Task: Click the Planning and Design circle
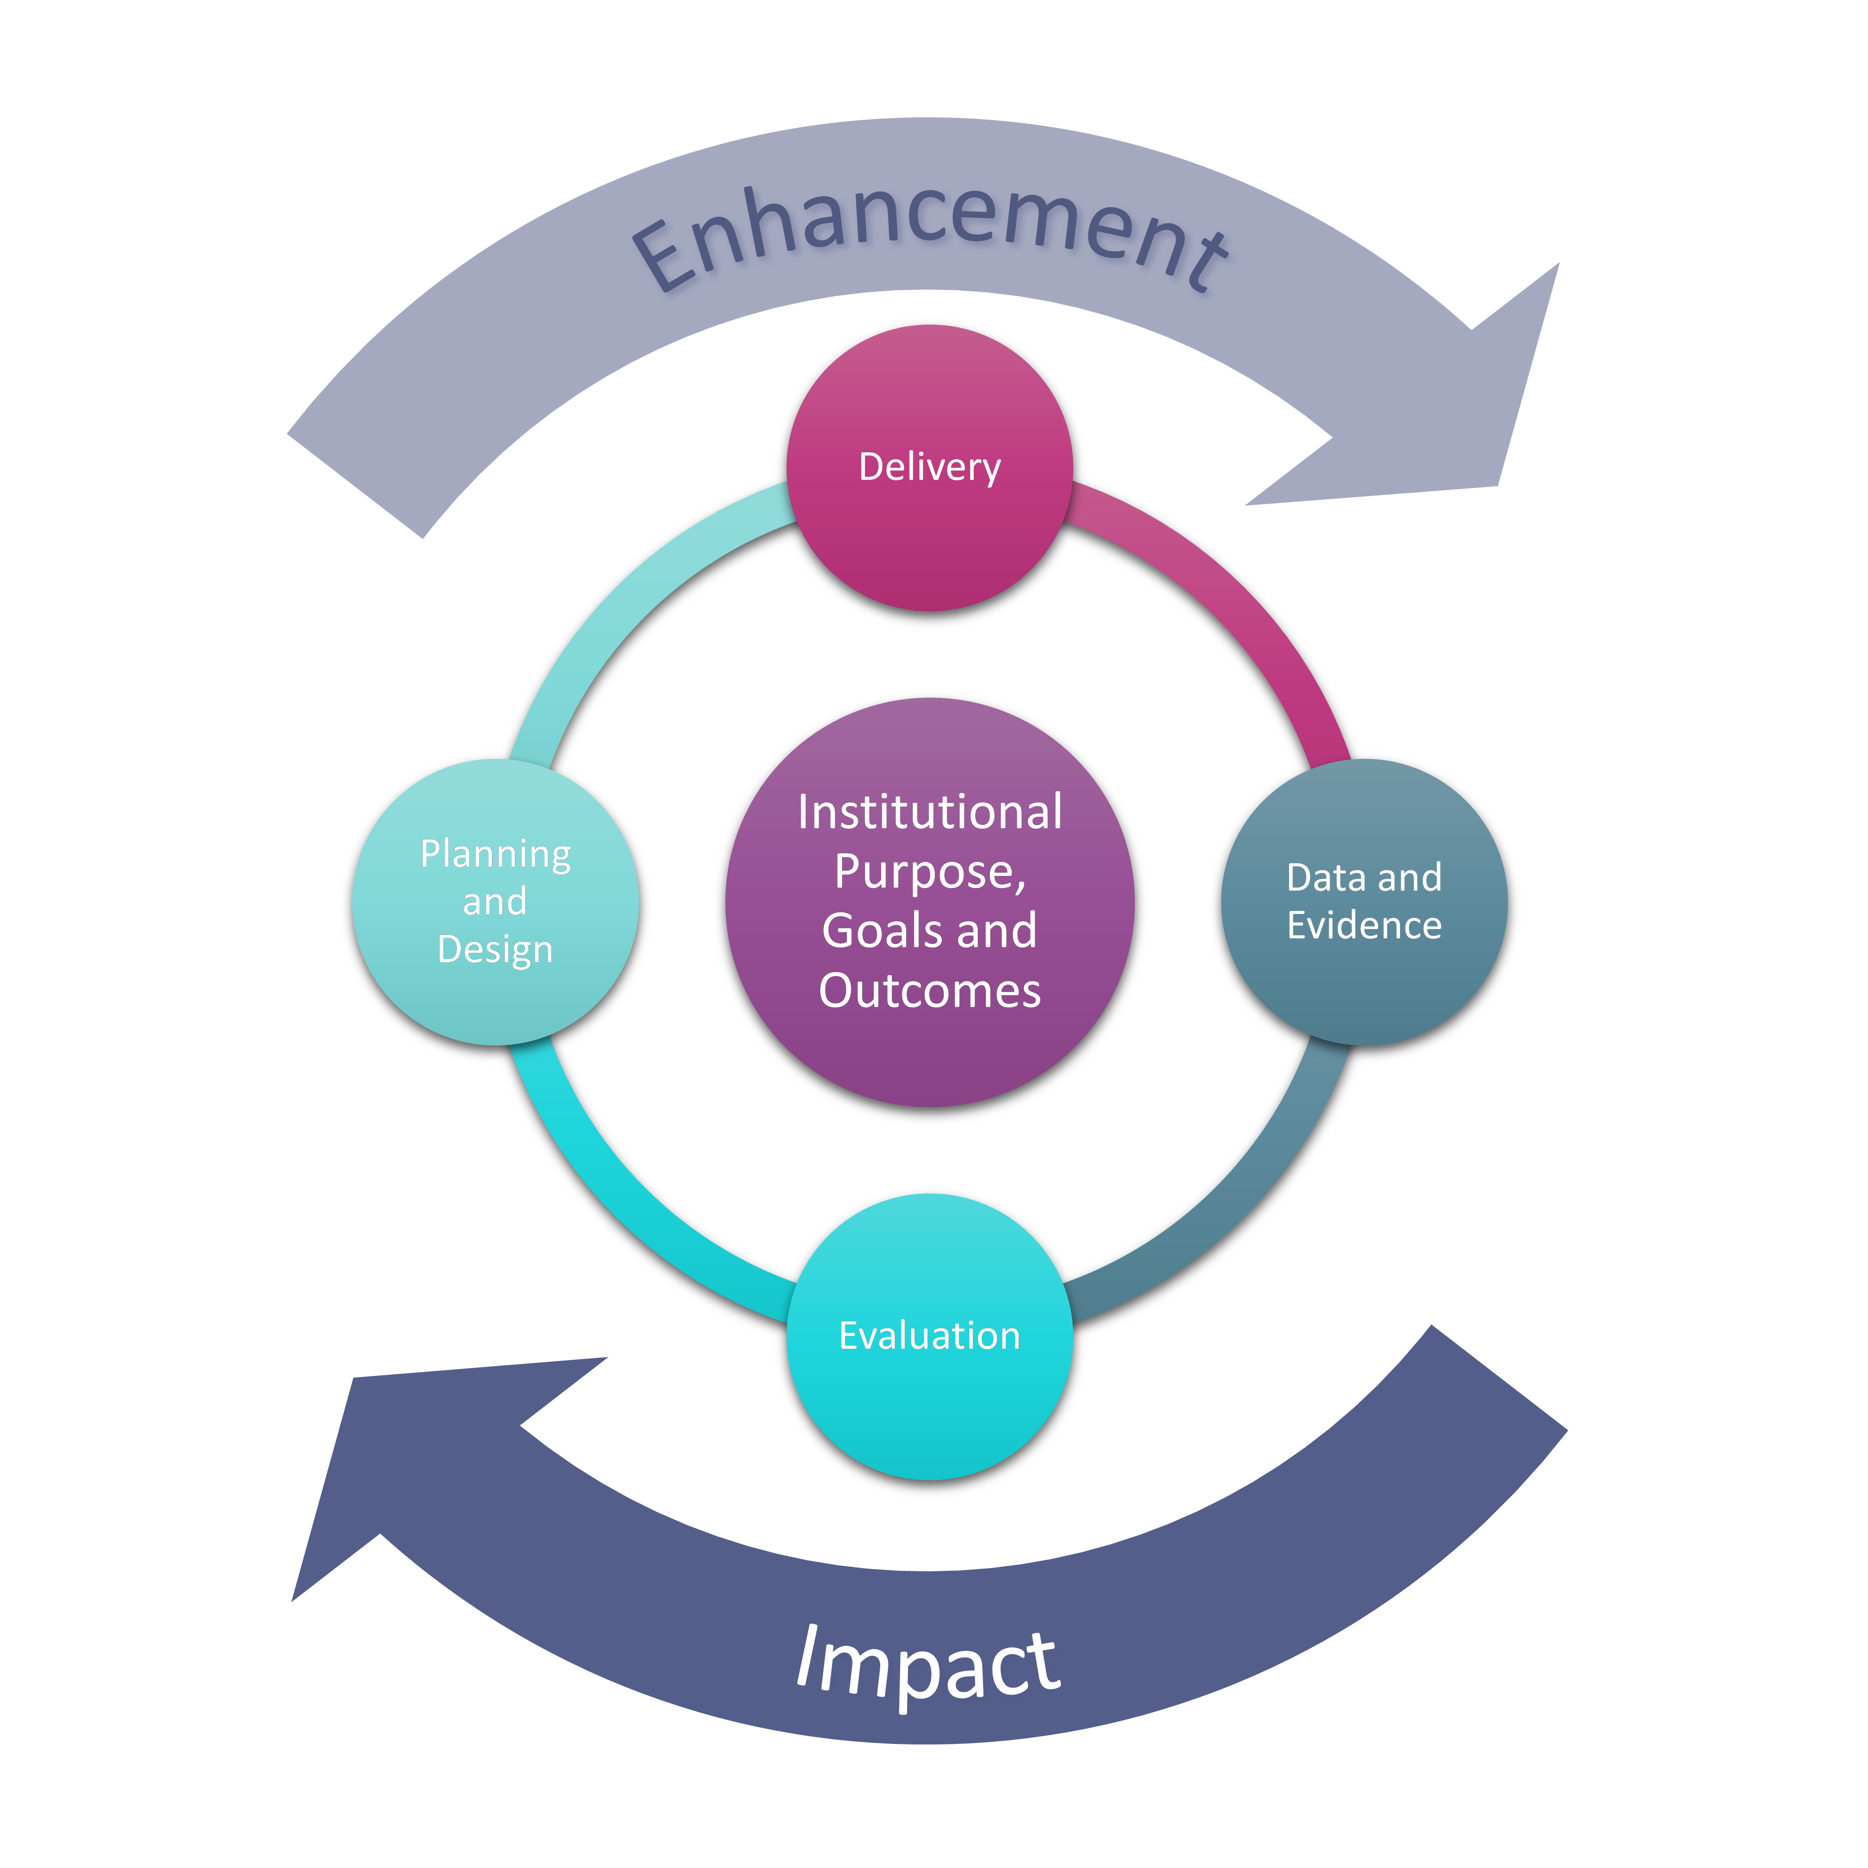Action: [495, 1006]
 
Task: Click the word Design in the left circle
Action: [495, 950]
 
